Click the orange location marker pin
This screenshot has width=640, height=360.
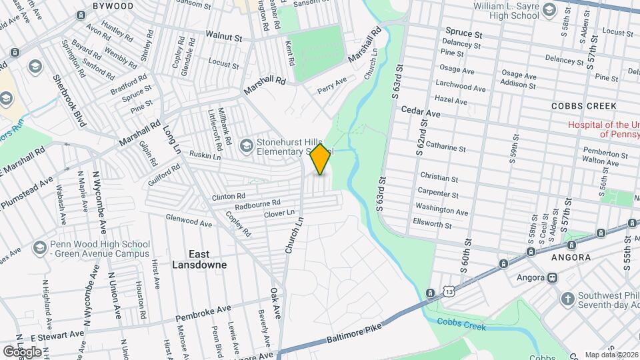(321, 159)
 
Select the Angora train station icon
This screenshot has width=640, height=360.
(552, 277)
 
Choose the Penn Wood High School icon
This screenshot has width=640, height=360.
(38, 247)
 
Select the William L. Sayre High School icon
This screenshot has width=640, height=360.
(549, 9)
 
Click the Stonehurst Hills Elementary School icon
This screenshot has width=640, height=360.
(246, 144)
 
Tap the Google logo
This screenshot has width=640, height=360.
(22, 351)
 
